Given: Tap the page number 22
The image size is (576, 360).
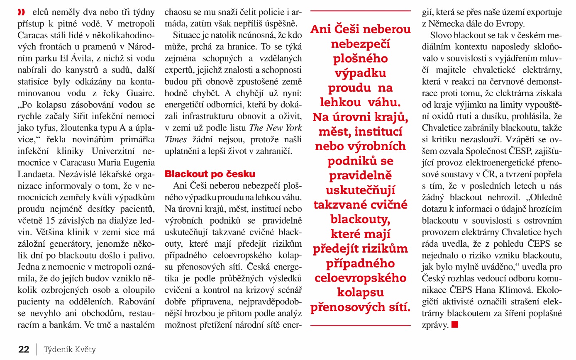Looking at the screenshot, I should coord(24,349).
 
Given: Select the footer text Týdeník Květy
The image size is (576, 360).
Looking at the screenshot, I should coord(70,349).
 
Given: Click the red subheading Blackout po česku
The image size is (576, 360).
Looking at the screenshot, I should coord(210,173).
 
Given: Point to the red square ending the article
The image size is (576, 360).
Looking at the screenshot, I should coord(455,325).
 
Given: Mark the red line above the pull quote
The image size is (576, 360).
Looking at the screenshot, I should coord(360,10).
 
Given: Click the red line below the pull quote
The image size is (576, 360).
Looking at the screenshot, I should coord(360,325).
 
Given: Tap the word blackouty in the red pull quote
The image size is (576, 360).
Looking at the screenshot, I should coord(360,219).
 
